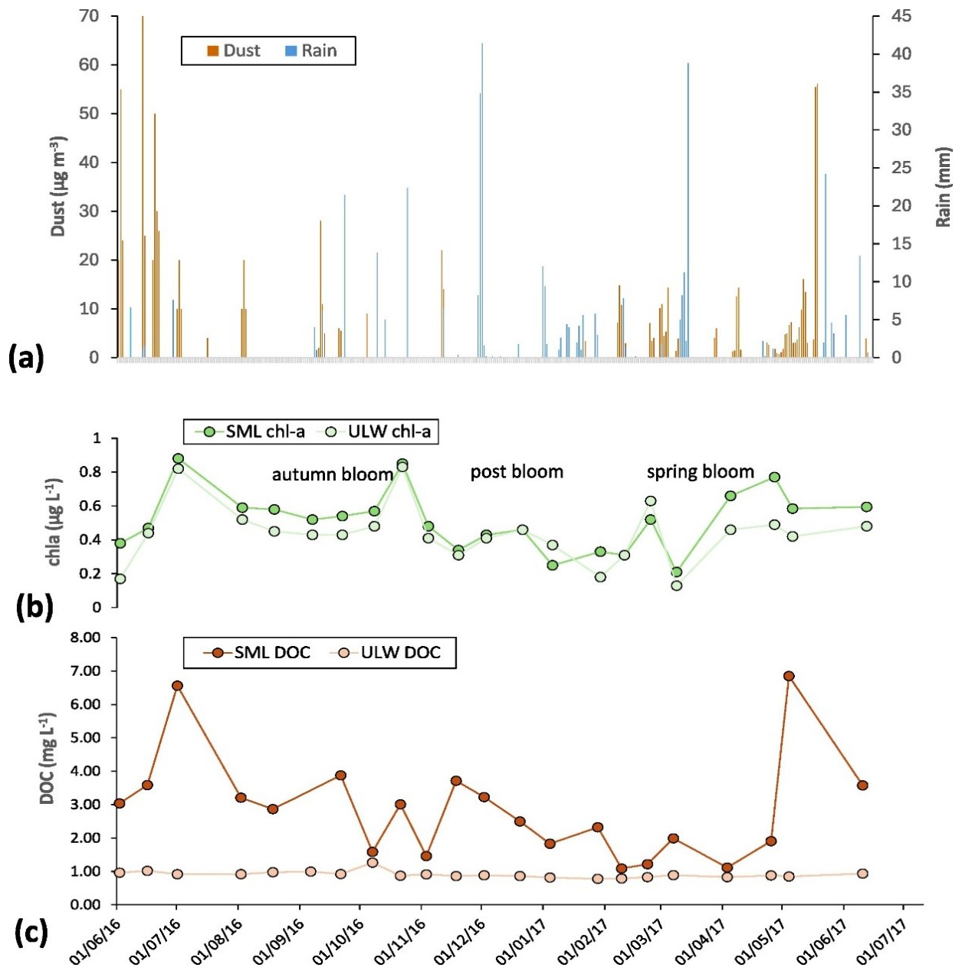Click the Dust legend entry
point(234,51)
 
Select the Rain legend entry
point(311,51)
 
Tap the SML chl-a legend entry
point(248,432)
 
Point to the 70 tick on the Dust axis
point(94,17)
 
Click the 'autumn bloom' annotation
point(333,474)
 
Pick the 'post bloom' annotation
point(517,472)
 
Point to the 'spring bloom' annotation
point(701,472)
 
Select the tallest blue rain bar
point(482,200)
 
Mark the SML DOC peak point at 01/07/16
point(177,685)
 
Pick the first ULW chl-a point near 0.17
point(120,579)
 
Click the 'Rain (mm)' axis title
point(943,186)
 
